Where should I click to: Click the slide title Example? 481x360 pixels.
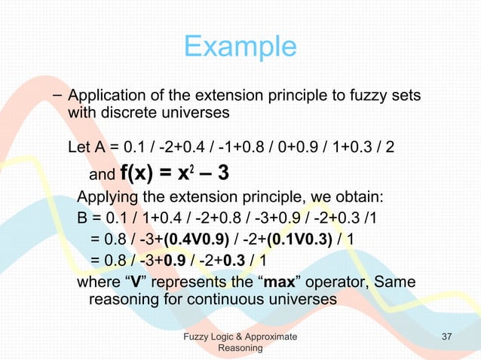click(240, 47)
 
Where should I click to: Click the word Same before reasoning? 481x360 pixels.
click(397, 282)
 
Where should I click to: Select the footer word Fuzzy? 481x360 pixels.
click(198, 336)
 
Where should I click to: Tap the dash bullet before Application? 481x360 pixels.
click(57, 96)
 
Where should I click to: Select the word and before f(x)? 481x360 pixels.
click(100, 176)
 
